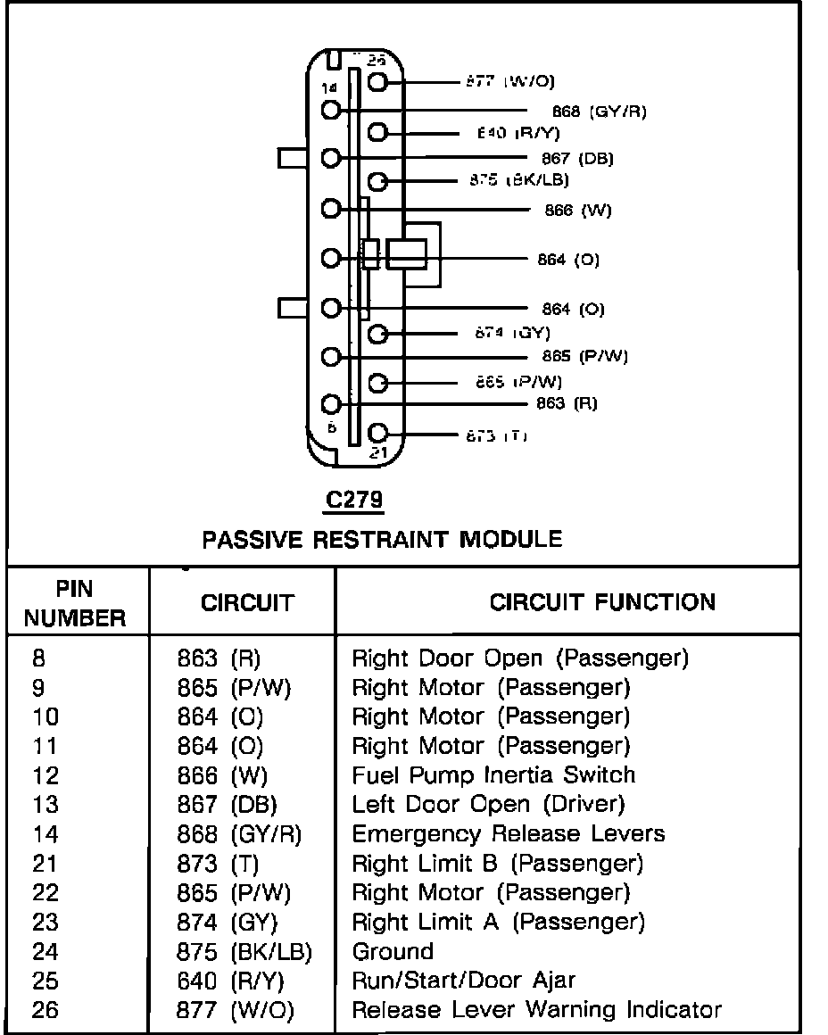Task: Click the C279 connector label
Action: click(x=354, y=501)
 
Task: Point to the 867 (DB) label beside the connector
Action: click(x=577, y=159)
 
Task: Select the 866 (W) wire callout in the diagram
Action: click(x=577, y=211)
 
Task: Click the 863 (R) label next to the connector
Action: click(x=567, y=402)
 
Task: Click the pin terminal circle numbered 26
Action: click(x=377, y=82)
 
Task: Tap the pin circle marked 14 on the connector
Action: click(x=332, y=110)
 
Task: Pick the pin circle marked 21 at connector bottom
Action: click(x=377, y=434)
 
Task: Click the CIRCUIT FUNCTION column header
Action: click(x=602, y=601)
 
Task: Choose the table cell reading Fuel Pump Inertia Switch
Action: click(x=493, y=774)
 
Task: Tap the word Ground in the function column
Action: click(x=393, y=951)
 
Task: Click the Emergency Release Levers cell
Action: click(x=509, y=833)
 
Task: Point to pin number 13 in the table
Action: click(x=45, y=804)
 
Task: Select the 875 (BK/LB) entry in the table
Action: click(x=244, y=951)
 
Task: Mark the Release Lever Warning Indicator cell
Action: click(x=536, y=1010)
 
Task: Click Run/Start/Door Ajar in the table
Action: click(x=464, y=981)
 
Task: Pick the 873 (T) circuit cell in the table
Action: click(x=218, y=863)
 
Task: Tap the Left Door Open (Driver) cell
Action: click(x=488, y=804)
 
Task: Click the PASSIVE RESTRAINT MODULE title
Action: click(x=382, y=539)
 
